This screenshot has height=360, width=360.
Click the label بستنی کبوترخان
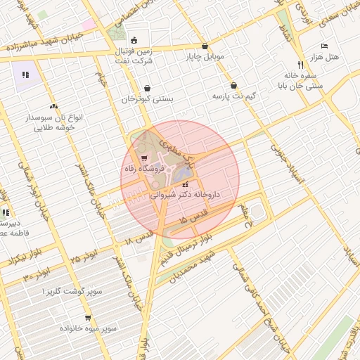pos(146,99)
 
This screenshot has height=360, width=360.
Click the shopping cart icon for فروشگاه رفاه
pos(144,157)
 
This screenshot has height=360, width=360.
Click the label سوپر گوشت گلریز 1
pos(73,290)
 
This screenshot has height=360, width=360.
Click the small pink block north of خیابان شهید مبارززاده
pos(88,25)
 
